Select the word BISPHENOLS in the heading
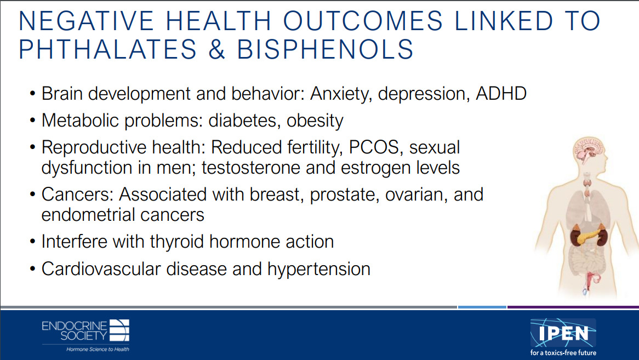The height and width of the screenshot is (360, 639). pos(325,49)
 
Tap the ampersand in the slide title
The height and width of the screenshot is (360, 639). pos(217,49)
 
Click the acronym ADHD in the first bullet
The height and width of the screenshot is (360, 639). pos(501,93)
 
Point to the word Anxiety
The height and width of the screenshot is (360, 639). pos(341,94)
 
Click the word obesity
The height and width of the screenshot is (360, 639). pos(315,121)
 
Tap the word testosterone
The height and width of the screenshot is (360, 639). pos(250,168)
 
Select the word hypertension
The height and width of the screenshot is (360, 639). pos(319,270)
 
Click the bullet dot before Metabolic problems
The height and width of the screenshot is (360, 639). pos(32,121)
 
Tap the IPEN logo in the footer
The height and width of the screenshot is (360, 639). pos(563,337)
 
